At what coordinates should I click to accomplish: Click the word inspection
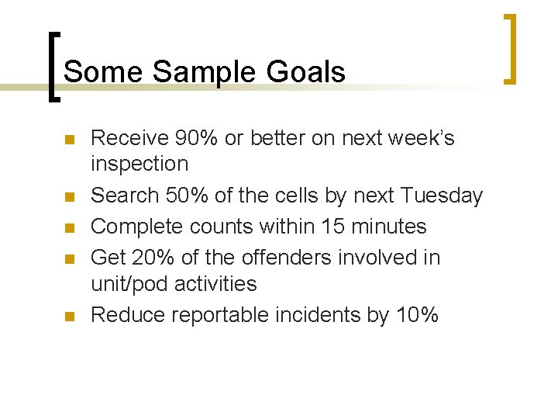click(x=139, y=164)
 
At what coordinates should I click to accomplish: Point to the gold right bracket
click(x=511, y=48)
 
